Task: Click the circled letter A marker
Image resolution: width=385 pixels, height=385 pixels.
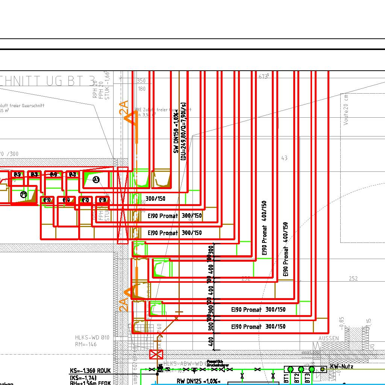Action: pos(96,180)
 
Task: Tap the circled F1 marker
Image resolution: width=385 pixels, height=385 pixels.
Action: pos(24,194)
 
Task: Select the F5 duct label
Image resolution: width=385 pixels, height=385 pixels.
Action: pos(47,200)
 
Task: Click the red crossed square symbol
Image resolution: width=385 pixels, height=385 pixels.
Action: pos(156,354)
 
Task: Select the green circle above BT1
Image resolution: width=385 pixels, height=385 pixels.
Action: pos(290,370)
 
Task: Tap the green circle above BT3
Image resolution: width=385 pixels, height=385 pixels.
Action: pos(312,370)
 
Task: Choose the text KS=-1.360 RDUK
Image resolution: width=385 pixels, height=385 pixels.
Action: pos(91,371)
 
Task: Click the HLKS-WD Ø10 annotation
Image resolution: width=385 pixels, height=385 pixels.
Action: pos(92,338)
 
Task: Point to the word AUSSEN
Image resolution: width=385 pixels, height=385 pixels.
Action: pos(328,338)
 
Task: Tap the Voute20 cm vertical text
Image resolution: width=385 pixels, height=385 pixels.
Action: pos(346,109)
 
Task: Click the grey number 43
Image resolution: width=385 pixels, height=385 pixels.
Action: pos(284,158)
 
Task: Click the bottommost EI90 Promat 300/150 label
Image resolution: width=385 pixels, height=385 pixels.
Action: pos(258,327)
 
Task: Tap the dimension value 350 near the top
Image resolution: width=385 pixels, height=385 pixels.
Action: pos(141,81)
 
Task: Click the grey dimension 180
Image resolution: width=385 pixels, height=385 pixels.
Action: pos(142,89)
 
